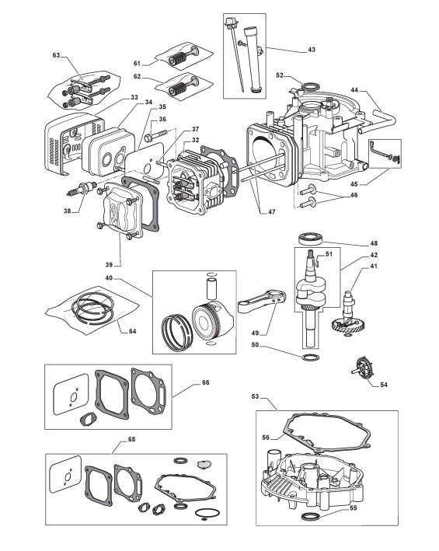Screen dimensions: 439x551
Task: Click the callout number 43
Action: [x=312, y=50]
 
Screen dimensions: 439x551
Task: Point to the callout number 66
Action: [x=205, y=382]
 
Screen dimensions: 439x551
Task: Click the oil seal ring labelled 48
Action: [x=310, y=239]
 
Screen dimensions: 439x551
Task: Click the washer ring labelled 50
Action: [x=311, y=357]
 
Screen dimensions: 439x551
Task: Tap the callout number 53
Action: [x=256, y=396]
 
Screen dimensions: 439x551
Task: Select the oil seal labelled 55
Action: [x=311, y=517]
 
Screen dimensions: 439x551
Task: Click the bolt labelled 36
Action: [x=155, y=136]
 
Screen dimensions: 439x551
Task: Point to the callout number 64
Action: [x=132, y=331]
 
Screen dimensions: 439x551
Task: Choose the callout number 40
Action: [x=109, y=278]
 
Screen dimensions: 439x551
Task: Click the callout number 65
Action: [x=132, y=440]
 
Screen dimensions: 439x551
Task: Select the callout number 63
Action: [x=56, y=55]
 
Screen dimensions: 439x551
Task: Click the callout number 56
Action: [x=266, y=438]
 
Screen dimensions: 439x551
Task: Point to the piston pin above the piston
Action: [x=211, y=289]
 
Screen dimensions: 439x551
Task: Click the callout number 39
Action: [x=109, y=265]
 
